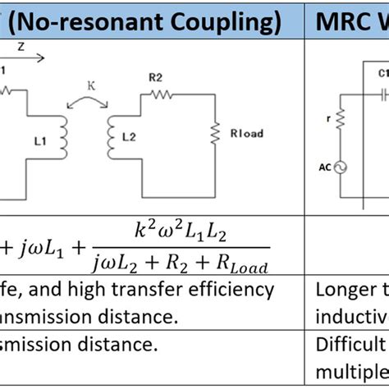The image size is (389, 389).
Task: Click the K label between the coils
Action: click(93, 84)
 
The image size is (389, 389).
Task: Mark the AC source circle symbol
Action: click(339, 167)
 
